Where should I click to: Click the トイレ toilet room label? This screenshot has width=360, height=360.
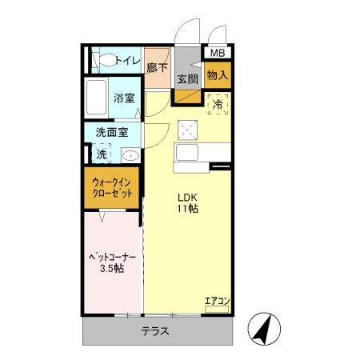[128, 61]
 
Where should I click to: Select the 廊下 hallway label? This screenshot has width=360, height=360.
[158, 67]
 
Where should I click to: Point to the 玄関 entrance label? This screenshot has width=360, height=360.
[188, 79]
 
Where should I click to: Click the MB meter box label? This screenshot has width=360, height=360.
[218, 53]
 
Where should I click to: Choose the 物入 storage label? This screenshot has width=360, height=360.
[218, 75]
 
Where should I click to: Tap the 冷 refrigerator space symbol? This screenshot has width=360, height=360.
[218, 104]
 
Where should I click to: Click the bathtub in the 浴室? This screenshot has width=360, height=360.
[96, 98]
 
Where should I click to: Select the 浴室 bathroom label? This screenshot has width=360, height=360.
[124, 98]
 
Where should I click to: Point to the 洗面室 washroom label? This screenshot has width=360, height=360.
[112, 133]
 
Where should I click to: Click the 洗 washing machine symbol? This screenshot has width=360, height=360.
[102, 154]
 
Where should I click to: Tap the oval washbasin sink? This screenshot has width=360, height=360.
[130, 155]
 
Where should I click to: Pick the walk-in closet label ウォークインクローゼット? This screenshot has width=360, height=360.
[112, 188]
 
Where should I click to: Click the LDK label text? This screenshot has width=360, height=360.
[187, 198]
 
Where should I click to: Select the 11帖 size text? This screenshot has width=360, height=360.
[188, 209]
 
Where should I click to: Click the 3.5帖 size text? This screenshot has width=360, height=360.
[112, 269]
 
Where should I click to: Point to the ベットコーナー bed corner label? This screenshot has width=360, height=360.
[112, 258]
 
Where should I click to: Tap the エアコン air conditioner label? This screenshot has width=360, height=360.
[217, 302]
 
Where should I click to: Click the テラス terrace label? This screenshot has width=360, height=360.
[155, 331]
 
